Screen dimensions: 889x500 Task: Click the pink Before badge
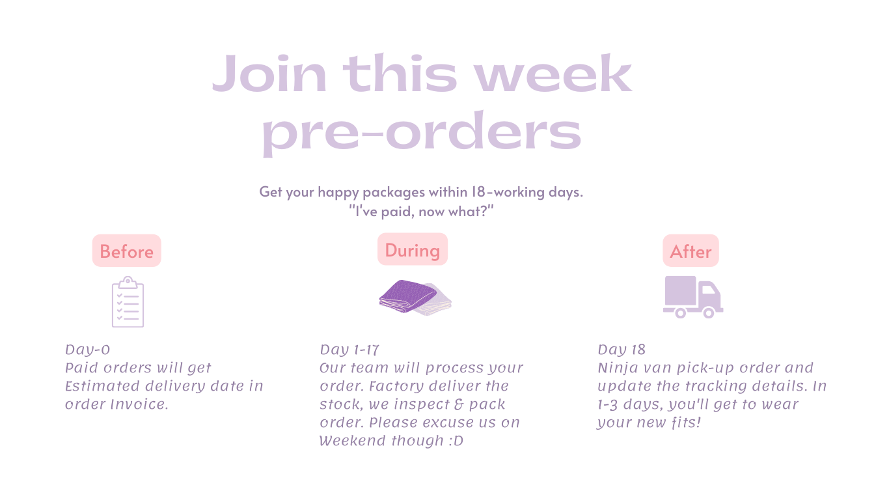(127, 251)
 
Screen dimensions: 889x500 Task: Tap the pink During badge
(413, 249)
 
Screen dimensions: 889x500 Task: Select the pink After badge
(691, 251)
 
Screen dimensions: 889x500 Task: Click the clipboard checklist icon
(128, 302)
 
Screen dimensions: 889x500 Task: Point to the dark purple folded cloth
(407, 296)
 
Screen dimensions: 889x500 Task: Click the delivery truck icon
(693, 297)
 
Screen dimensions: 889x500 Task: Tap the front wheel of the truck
(709, 313)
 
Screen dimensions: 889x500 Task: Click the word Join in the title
(269, 74)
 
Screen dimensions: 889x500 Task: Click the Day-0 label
(87, 350)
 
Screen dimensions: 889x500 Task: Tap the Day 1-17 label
(349, 350)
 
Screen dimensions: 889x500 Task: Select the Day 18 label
(622, 350)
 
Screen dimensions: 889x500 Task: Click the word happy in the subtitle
(338, 192)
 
